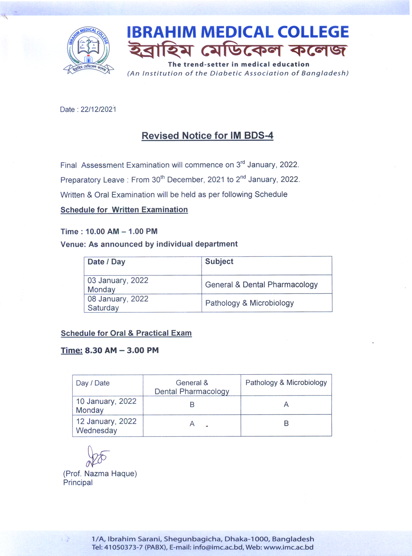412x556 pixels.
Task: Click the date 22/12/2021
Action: coord(98,110)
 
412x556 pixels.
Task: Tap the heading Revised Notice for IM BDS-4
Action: coord(207,136)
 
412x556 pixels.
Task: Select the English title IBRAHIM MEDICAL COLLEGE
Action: coord(238,32)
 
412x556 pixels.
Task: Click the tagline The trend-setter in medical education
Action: coord(239,64)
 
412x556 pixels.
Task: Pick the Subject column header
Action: coord(219,262)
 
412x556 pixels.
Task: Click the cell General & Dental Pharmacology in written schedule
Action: coord(261,285)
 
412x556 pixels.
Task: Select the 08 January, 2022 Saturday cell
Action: coord(118,303)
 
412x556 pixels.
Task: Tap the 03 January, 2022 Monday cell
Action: coord(118,285)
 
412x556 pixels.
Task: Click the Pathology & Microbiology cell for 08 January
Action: coord(250,303)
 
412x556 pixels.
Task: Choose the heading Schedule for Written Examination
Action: coord(124,210)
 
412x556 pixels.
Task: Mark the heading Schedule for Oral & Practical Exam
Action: coord(126,333)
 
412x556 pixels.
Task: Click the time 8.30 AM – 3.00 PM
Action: coord(122,350)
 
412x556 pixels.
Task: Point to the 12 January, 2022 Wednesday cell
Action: coord(106,426)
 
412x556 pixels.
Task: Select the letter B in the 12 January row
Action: coord(286,424)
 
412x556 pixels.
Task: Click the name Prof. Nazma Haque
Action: coord(100,474)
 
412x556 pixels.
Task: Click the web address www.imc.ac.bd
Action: coord(288,547)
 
